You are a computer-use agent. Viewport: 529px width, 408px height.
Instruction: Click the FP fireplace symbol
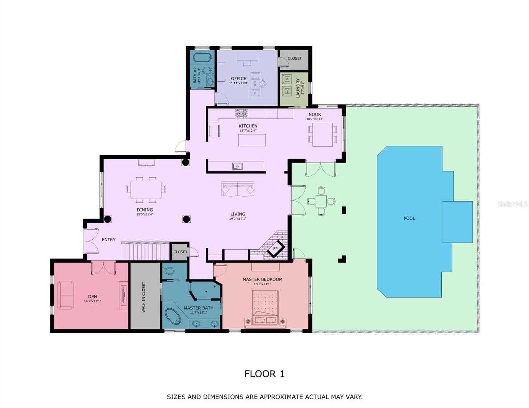click(x=276, y=249)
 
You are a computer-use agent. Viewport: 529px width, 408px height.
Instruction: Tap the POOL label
click(x=409, y=218)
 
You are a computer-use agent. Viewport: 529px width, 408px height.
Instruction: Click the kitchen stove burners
click(x=242, y=113)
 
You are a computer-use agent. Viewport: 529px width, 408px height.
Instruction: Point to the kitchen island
click(x=252, y=140)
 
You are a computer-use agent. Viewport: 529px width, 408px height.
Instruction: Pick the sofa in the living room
click(x=238, y=189)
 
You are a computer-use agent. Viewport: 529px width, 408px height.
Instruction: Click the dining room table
click(x=146, y=189)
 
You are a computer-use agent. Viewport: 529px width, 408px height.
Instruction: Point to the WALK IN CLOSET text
click(x=144, y=297)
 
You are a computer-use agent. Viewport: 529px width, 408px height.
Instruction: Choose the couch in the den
click(x=65, y=295)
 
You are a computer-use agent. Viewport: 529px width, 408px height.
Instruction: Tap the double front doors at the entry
click(x=91, y=241)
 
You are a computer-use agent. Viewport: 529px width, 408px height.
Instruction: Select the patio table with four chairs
click(x=321, y=201)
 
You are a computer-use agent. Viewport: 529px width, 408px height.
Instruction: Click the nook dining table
click(x=322, y=135)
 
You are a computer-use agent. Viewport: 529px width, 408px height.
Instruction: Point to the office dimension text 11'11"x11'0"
click(x=238, y=83)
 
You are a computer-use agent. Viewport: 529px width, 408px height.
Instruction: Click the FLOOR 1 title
click(x=264, y=374)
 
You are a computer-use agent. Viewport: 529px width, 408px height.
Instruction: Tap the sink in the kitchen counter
click(x=237, y=166)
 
